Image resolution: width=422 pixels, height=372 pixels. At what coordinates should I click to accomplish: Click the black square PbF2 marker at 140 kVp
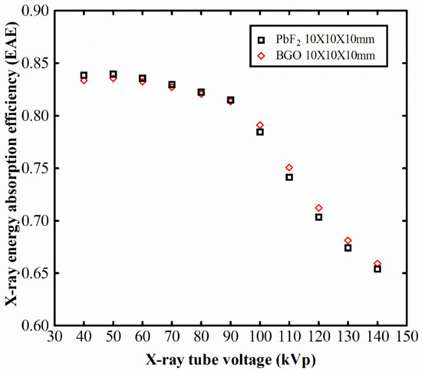click(x=377, y=269)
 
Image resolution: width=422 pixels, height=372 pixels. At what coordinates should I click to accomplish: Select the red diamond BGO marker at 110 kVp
click(x=289, y=167)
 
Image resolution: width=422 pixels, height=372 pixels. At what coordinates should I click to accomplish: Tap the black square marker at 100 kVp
click(x=260, y=132)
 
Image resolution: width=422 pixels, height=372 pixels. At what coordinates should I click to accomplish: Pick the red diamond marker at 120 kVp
click(x=318, y=208)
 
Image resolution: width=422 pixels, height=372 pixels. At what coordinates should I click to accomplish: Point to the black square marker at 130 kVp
click(x=348, y=248)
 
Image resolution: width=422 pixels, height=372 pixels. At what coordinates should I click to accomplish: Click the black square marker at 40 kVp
click(x=84, y=75)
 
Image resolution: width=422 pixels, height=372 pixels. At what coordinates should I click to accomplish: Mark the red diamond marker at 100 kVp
click(x=260, y=125)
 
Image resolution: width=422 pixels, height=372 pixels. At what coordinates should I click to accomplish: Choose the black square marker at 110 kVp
click(x=289, y=177)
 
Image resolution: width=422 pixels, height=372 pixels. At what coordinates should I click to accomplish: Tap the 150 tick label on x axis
click(x=407, y=337)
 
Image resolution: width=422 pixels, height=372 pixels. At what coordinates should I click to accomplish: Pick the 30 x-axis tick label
click(x=54, y=337)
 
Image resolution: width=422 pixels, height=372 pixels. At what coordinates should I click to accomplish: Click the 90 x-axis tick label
click(x=230, y=337)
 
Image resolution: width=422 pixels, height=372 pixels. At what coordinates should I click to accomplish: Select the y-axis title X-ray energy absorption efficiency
click(x=12, y=167)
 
